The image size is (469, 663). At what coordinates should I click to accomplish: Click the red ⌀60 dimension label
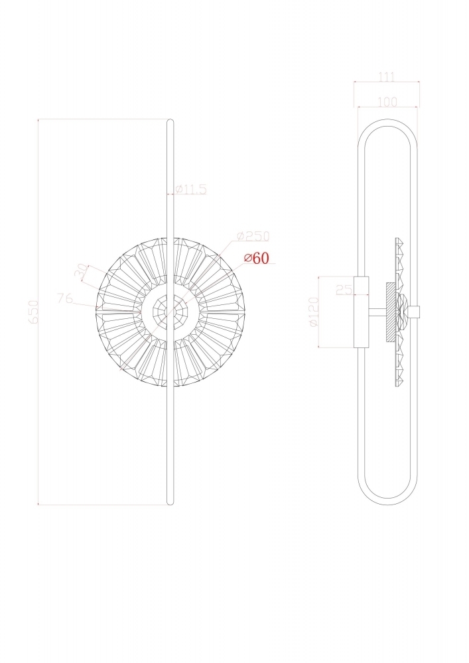coord(256,258)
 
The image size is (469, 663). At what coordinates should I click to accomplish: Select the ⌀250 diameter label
coord(253,237)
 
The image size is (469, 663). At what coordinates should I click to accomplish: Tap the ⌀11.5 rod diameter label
coord(190,189)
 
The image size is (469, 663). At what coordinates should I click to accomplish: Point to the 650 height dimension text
coord(33,312)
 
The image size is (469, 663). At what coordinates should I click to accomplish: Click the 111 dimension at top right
coord(387,77)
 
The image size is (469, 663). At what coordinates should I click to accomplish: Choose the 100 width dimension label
coord(387,102)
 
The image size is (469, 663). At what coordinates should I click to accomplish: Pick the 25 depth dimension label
coord(344,290)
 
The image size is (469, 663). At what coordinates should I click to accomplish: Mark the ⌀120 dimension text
coord(313,312)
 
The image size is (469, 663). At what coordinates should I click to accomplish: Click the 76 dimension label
coord(65,298)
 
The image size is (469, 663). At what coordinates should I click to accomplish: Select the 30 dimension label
coord(81,271)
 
